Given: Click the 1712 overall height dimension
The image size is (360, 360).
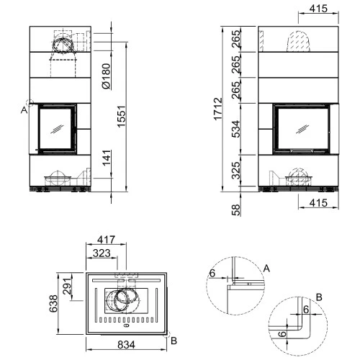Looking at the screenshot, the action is pos(218,109).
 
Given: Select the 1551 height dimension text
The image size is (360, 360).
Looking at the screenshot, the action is pos(122,116).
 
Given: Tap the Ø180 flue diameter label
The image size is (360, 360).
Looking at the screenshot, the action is pos(106,76).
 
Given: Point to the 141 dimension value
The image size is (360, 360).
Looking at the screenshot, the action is pos(107,158).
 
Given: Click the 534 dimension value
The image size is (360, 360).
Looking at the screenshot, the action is pos(236,129).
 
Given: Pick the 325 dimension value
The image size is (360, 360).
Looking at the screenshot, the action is pos(236,171).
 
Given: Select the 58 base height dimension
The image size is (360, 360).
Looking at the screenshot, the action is pos(236,210).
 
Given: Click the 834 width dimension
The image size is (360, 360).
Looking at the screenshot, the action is pos(126,345).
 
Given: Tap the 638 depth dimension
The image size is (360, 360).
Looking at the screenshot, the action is pos(53,304).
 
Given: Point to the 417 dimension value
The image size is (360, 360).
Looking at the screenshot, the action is pos(106,240).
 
